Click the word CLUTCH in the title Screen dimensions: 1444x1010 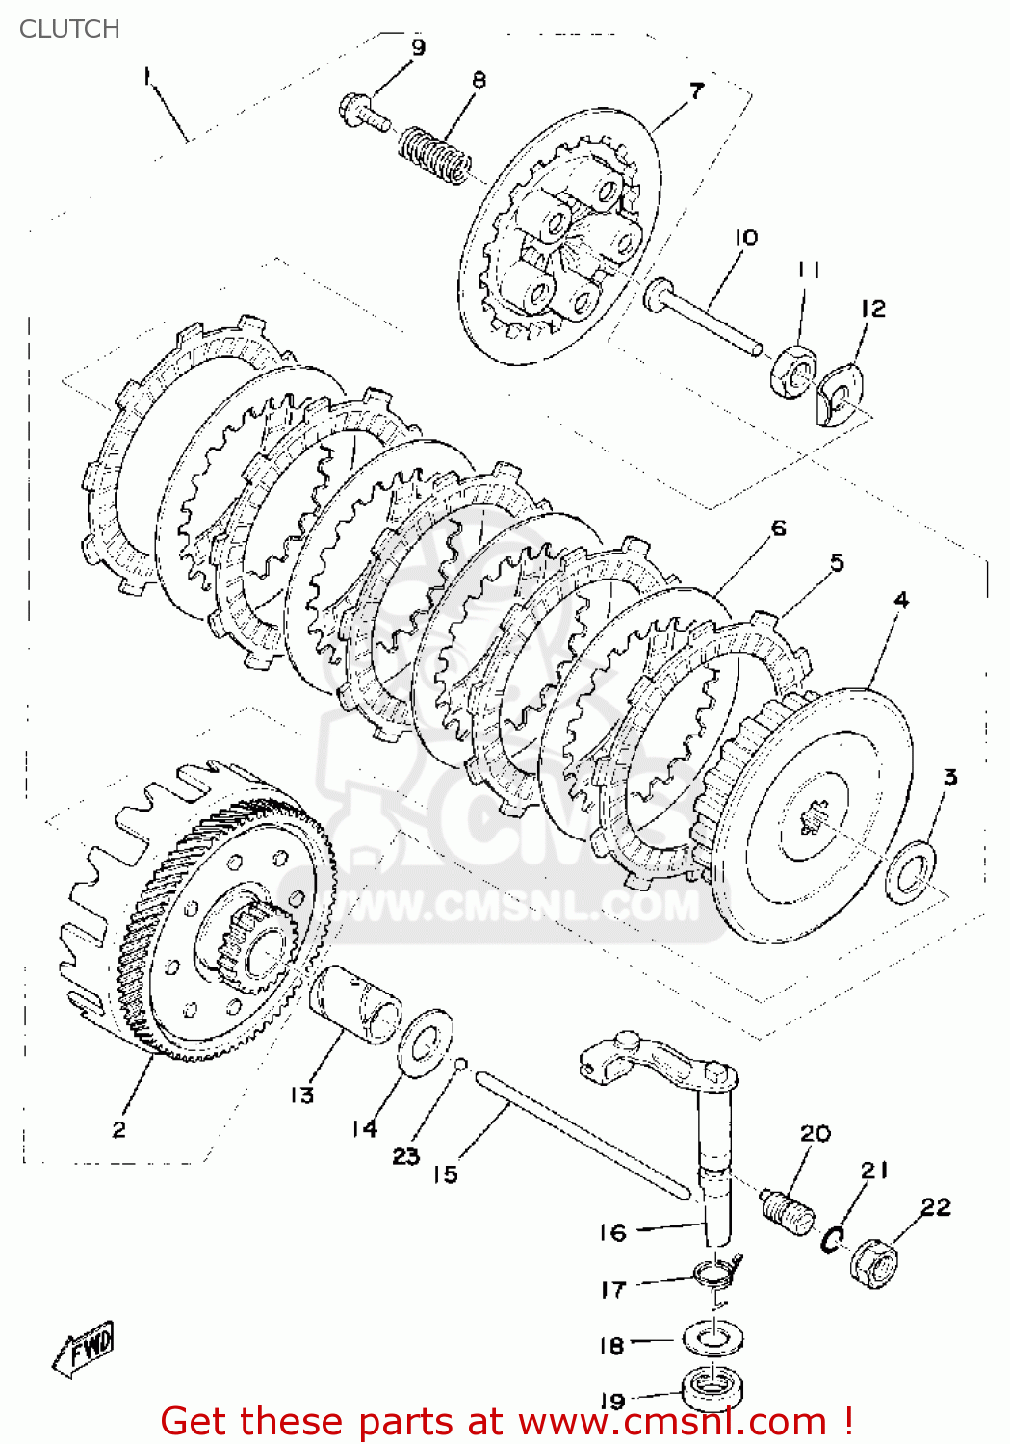point(69,29)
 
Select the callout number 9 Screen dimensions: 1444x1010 point(418,47)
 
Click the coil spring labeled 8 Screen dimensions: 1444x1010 point(435,156)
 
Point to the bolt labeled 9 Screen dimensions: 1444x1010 point(363,112)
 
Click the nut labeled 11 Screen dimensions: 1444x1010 point(792,369)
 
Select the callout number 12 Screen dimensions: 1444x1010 point(873,309)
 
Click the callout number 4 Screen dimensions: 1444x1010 point(901,600)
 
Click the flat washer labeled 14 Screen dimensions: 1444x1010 point(426,1044)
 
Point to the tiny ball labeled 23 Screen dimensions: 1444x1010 point(461,1064)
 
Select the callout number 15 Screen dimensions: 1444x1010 point(445,1174)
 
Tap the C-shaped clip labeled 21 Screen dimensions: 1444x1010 point(831,1240)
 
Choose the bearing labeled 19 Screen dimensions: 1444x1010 point(712,1389)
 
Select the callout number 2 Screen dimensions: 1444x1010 point(118,1129)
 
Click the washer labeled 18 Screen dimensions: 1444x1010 point(712,1339)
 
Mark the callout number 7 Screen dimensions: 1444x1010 point(697,91)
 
